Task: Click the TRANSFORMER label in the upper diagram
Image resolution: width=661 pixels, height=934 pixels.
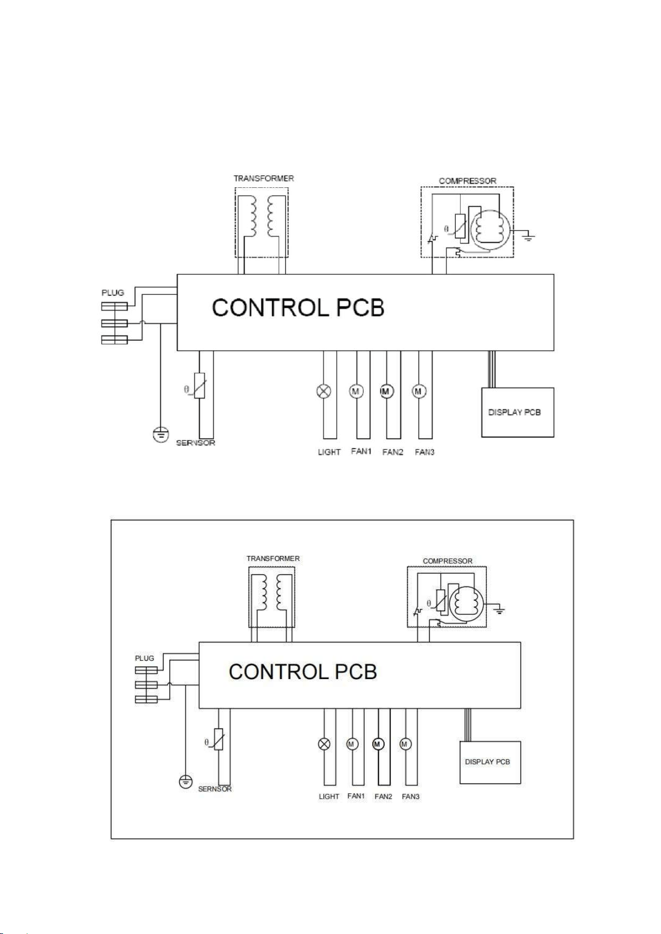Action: pyautogui.click(x=263, y=178)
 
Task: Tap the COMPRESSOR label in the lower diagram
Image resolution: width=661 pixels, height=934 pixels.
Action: pyautogui.click(x=448, y=561)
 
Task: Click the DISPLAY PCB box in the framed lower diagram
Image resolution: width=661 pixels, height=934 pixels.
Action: pyautogui.click(x=490, y=762)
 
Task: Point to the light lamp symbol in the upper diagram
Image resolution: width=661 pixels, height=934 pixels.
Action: pyautogui.click(x=324, y=391)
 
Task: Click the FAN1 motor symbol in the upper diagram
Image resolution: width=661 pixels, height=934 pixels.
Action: pyautogui.click(x=355, y=391)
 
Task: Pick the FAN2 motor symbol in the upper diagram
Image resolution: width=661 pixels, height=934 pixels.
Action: pyautogui.click(x=386, y=391)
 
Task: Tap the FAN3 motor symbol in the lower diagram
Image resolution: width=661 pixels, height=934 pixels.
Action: pyautogui.click(x=405, y=744)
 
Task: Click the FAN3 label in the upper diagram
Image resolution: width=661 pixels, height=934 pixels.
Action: pyautogui.click(x=425, y=452)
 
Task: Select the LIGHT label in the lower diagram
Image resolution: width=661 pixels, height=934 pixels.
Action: pyautogui.click(x=329, y=797)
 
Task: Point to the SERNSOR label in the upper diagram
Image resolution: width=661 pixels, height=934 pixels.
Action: pyautogui.click(x=196, y=443)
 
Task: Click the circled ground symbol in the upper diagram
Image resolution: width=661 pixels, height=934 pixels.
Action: pyautogui.click(x=161, y=435)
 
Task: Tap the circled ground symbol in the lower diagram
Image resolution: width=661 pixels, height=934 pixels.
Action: pyautogui.click(x=186, y=782)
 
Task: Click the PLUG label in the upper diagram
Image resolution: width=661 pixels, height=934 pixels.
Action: pyautogui.click(x=113, y=293)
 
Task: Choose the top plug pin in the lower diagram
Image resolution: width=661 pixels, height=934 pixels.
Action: pyautogui.click(x=146, y=670)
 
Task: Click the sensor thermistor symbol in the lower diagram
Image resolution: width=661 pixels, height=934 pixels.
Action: pyautogui.click(x=218, y=739)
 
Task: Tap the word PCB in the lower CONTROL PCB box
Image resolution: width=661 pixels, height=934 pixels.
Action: pyautogui.click(x=355, y=672)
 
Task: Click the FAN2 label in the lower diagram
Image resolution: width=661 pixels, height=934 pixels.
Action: pyautogui.click(x=383, y=797)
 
